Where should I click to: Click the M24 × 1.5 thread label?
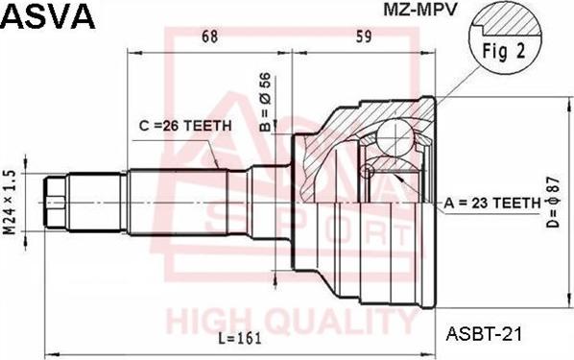pos(11,199)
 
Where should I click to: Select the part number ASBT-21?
pos(484,334)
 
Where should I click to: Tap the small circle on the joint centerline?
pos(365,172)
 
